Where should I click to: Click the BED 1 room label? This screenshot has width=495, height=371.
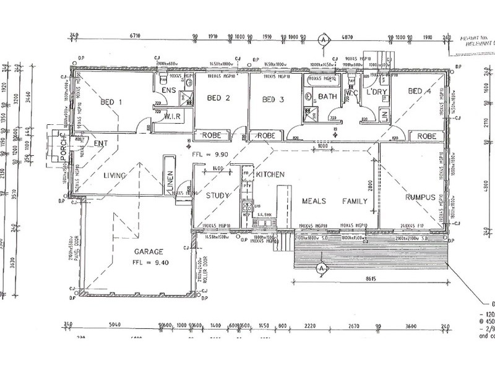pyautogui.click(x=112, y=103)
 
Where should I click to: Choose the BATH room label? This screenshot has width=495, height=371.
pyautogui.click(x=327, y=96)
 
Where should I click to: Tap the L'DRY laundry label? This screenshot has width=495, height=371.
pyautogui.click(x=376, y=92)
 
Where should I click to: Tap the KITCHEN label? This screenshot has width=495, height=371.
pyautogui.click(x=270, y=175)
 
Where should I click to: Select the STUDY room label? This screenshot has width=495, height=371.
pyautogui.click(x=218, y=196)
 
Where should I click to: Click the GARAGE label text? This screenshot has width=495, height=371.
pyautogui.click(x=147, y=252)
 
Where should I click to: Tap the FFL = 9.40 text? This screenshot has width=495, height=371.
pyautogui.click(x=148, y=262)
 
